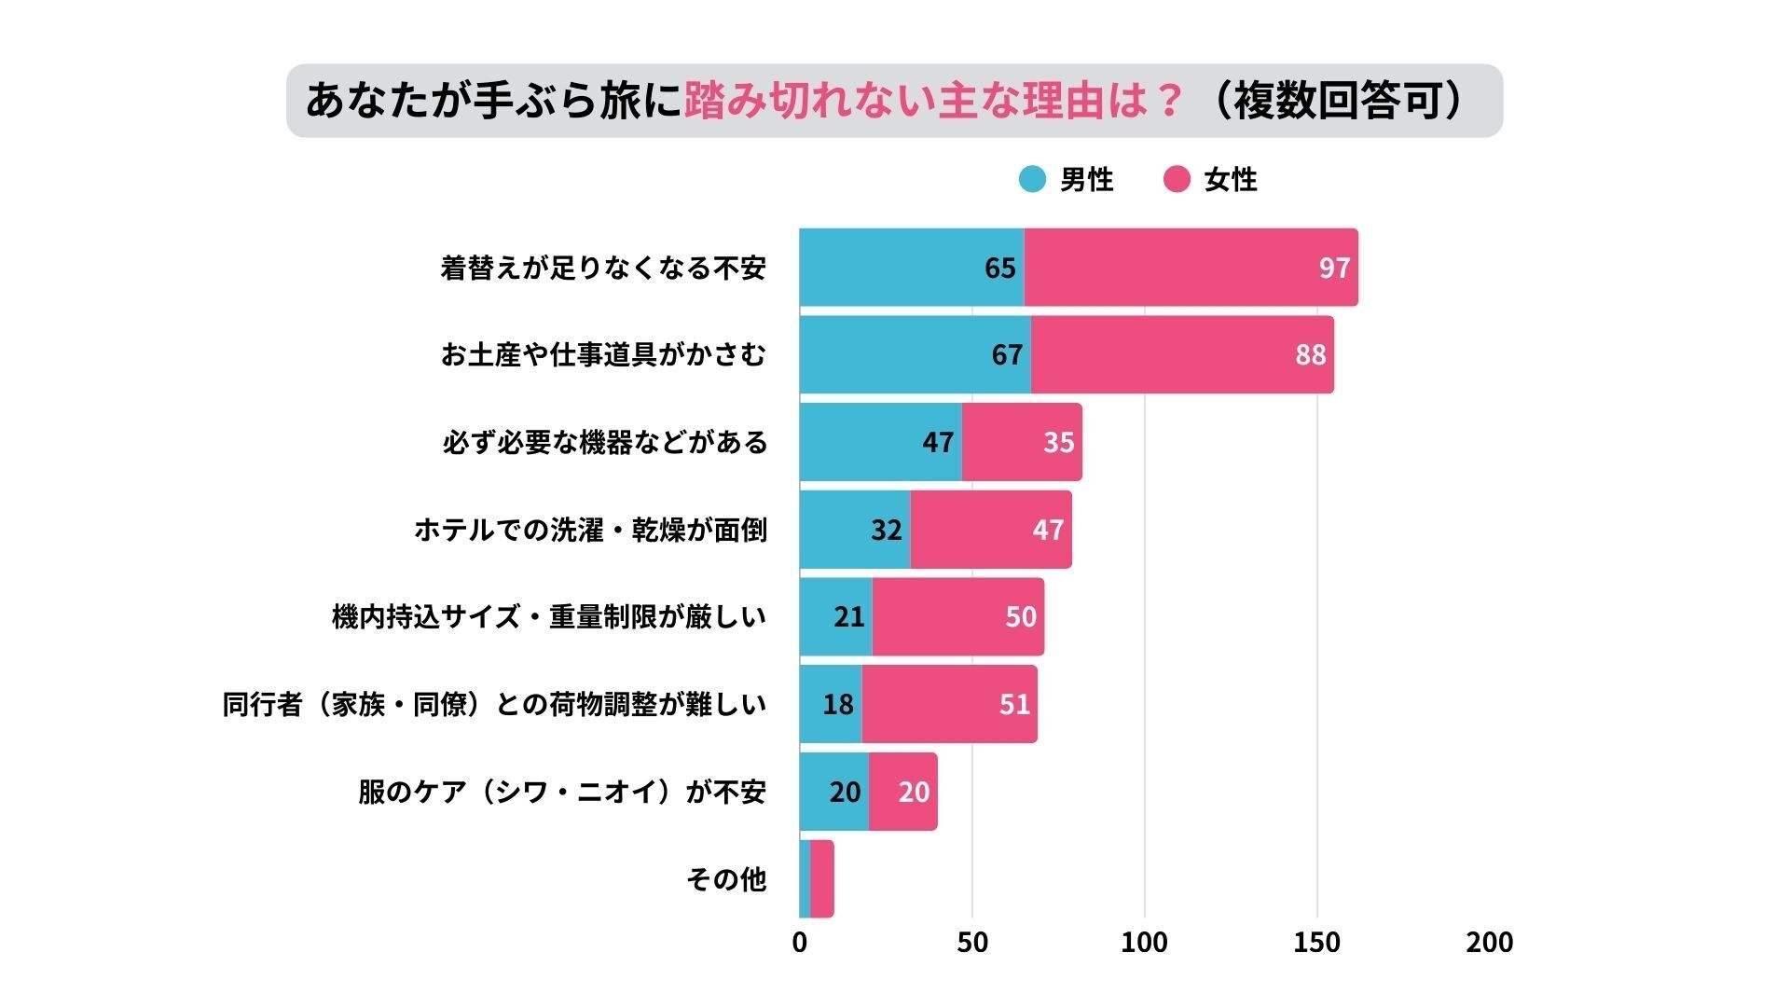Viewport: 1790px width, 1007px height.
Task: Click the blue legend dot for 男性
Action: coord(1032,179)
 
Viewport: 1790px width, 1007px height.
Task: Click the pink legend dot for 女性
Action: coord(1177,179)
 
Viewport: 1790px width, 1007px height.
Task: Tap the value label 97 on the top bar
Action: coord(1334,269)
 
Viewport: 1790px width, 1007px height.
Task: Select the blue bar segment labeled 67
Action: coord(914,354)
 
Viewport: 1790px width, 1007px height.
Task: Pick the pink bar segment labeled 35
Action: coord(1022,442)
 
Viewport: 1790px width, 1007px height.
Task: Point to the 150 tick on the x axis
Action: coord(1316,943)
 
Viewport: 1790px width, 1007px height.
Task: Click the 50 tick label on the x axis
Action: coord(971,943)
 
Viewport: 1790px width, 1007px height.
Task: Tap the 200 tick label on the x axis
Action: coord(1489,943)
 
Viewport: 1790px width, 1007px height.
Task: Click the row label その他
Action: coord(725,879)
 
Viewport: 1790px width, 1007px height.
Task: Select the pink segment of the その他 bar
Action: coord(821,879)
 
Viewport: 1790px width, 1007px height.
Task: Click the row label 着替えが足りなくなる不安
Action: coord(603,269)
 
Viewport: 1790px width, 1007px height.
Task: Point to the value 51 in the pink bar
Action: coord(1014,704)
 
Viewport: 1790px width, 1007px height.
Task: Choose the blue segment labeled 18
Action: coord(830,704)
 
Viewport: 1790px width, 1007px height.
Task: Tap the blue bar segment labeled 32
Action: coord(854,530)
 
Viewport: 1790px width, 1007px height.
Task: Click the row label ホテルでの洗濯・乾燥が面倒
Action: coord(590,530)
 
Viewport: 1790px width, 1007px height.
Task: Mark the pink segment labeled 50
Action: coord(958,616)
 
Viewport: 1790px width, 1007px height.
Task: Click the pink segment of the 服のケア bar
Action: coord(902,792)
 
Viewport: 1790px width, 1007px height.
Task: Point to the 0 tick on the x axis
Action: coord(799,943)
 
